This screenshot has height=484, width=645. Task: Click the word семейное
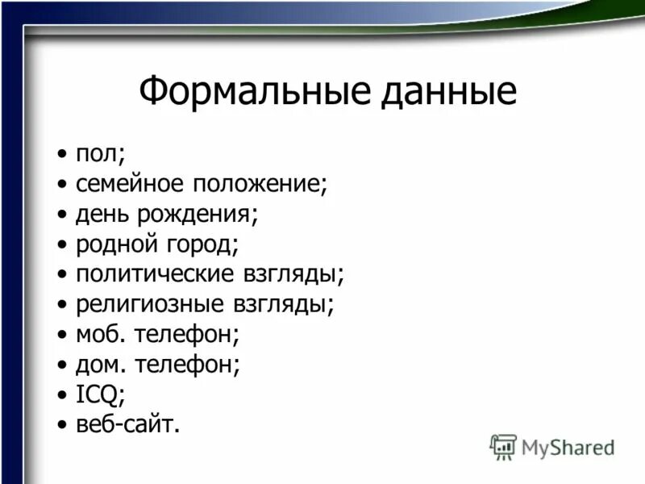click(129, 183)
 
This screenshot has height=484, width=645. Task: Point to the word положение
click(258, 183)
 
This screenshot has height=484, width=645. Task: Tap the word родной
click(114, 244)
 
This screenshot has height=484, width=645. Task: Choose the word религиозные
click(145, 304)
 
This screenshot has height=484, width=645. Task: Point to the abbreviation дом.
click(101, 365)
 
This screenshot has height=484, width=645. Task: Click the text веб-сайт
click(127, 424)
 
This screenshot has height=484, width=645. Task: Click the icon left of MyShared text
click(503, 446)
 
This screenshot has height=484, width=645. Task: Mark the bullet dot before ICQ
click(63, 394)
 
